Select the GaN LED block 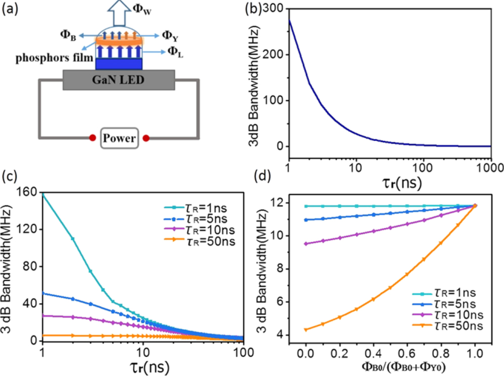[118, 80]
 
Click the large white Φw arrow [119, 13]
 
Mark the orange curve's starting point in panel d [306, 330]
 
